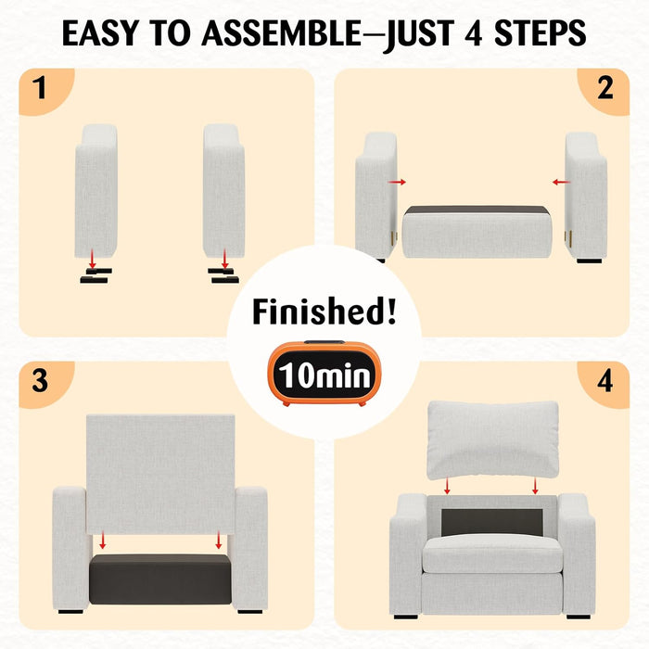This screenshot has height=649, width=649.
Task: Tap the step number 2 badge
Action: [x=604, y=88]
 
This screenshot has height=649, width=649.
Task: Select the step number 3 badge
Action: [x=40, y=380]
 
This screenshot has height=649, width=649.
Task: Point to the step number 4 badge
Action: [x=604, y=380]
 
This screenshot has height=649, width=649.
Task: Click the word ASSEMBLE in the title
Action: [x=282, y=33]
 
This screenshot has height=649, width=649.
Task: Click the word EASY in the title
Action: [x=99, y=33]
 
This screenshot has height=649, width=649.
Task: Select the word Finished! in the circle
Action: [x=324, y=311]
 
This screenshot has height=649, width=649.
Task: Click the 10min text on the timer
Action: [x=324, y=375]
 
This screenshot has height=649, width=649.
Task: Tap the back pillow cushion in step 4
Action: [x=492, y=439]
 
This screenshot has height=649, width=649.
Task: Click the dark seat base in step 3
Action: [x=160, y=579]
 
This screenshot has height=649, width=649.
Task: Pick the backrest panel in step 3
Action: [x=160, y=474]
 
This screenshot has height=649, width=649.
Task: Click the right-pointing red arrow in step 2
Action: [x=397, y=182]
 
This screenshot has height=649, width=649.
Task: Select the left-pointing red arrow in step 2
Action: [x=561, y=182]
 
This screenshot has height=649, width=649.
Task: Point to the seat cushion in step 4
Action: [x=492, y=554]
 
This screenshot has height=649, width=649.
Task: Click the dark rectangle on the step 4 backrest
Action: [x=491, y=522]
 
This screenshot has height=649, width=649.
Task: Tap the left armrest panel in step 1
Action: [x=96, y=191]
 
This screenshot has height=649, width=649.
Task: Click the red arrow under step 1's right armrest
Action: [x=224, y=259]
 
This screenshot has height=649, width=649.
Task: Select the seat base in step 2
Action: [x=477, y=232]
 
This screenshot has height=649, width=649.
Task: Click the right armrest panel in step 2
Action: [x=586, y=196]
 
